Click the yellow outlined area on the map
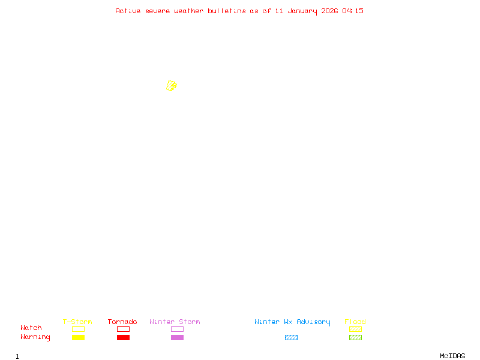click(x=172, y=86)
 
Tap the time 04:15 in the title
click(x=353, y=11)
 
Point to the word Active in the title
click(x=128, y=11)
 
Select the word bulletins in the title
click(x=227, y=11)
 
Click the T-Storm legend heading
click(x=77, y=322)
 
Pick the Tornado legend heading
click(x=122, y=322)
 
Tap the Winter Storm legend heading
click(x=175, y=322)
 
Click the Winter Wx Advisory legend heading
click(x=292, y=322)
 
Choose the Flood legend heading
click(x=355, y=322)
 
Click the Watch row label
click(x=31, y=328)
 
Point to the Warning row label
click(x=35, y=337)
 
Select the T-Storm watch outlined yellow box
click(x=78, y=329)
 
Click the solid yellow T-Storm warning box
click(x=78, y=337)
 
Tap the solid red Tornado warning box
click(x=123, y=337)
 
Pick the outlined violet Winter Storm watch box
click(x=177, y=329)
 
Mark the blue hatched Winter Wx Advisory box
click(x=291, y=337)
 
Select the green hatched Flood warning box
click(x=355, y=337)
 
